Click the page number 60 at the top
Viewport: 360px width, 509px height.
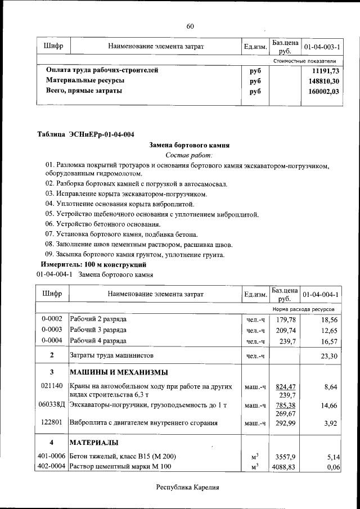click(190, 26)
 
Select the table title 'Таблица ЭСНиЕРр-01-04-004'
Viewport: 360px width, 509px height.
click(85, 134)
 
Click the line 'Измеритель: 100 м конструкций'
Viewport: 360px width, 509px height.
click(93, 264)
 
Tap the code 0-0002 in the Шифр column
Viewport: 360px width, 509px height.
click(52, 319)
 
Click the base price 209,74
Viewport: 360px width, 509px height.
click(284, 330)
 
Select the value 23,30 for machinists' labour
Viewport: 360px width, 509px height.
click(327, 356)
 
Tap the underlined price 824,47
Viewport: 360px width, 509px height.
click(284, 387)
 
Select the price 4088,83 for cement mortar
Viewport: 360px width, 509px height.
click(284, 467)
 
